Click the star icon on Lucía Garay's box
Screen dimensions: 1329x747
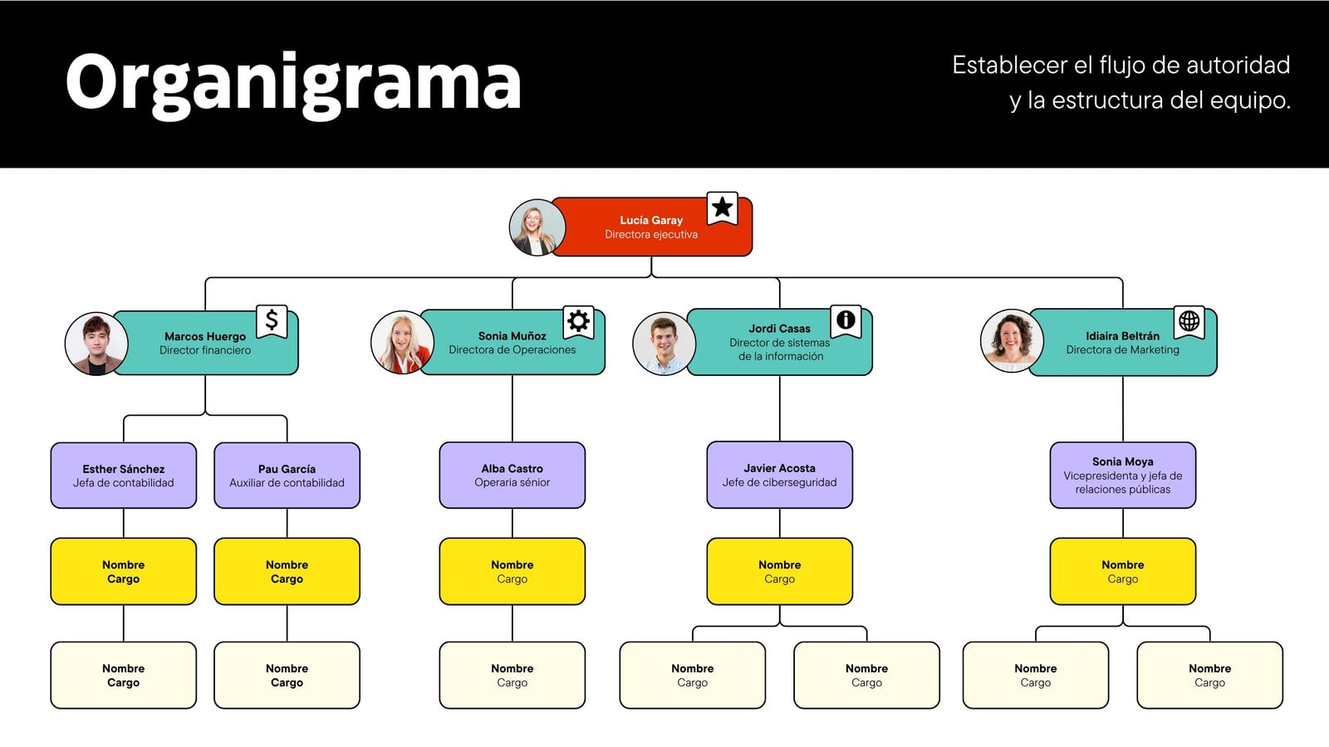pyautogui.click(x=722, y=207)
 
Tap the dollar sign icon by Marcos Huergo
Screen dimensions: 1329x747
pyautogui.click(x=272, y=320)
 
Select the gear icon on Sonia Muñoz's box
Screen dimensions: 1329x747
pyautogui.click(x=578, y=321)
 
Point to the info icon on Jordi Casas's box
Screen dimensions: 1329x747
pyautogui.click(x=846, y=320)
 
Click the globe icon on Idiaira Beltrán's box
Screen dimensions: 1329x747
pyautogui.click(x=1189, y=321)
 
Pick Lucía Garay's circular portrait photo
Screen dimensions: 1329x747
pyautogui.click(x=537, y=227)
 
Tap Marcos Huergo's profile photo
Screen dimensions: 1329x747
pyautogui.click(x=96, y=344)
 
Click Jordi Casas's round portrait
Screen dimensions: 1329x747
pyautogui.click(x=664, y=344)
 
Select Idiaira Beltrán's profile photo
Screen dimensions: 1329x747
pyautogui.click(x=1012, y=341)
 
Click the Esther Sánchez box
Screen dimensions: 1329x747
pyautogui.click(x=124, y=476)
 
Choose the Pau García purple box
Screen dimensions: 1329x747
pyautogui.click(x=287, y=476)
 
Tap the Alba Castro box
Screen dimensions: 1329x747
pyautogui.click(x=512, y=475)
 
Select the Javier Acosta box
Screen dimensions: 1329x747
pyautogui.click(x=780, y=475)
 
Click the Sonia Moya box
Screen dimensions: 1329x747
pyautogui.click(x=1123, y=475)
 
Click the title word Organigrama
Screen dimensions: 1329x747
pyautogui.click(x=293, y=84)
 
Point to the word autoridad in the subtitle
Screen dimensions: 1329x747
pyautogui.click(x=1238, y=65)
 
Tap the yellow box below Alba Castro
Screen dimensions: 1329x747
pyautogui.click(x=512, y=572)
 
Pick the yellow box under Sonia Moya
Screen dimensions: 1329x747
pyautogui.click(x=1123, y=572)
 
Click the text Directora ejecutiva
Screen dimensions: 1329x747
pyautogui.click(x=651, y=235)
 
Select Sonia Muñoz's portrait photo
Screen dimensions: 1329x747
pyautogui.click(x=402, y=343)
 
